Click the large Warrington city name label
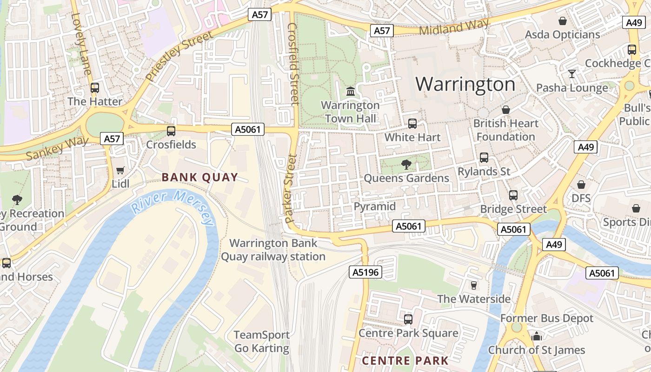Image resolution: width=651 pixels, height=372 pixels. click(465, 84)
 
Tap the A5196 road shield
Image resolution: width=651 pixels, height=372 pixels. click(365, 272)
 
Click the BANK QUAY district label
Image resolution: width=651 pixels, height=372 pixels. click(200, 177)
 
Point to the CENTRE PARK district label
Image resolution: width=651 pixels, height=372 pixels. click(405, 360)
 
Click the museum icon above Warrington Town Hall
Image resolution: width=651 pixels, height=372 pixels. click(351, 92)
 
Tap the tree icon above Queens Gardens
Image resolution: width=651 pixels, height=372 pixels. click(406, 164)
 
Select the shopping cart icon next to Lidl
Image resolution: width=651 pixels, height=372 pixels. click(120, 171)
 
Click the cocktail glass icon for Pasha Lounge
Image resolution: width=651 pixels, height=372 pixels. click(571, 74)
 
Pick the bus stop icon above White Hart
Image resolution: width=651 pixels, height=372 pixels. click(412, 124)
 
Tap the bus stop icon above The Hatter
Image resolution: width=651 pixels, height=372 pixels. click(95, 87)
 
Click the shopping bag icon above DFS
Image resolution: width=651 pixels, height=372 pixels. click(581, 185)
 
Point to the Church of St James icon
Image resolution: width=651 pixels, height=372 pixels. click(536, 336)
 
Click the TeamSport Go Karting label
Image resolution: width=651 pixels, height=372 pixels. click(261, 341)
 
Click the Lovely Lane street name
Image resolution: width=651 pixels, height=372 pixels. click(81, 44)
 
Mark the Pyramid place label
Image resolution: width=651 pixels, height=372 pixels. click(375, 206)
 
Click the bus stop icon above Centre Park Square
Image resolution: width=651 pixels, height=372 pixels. click(408, 319)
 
